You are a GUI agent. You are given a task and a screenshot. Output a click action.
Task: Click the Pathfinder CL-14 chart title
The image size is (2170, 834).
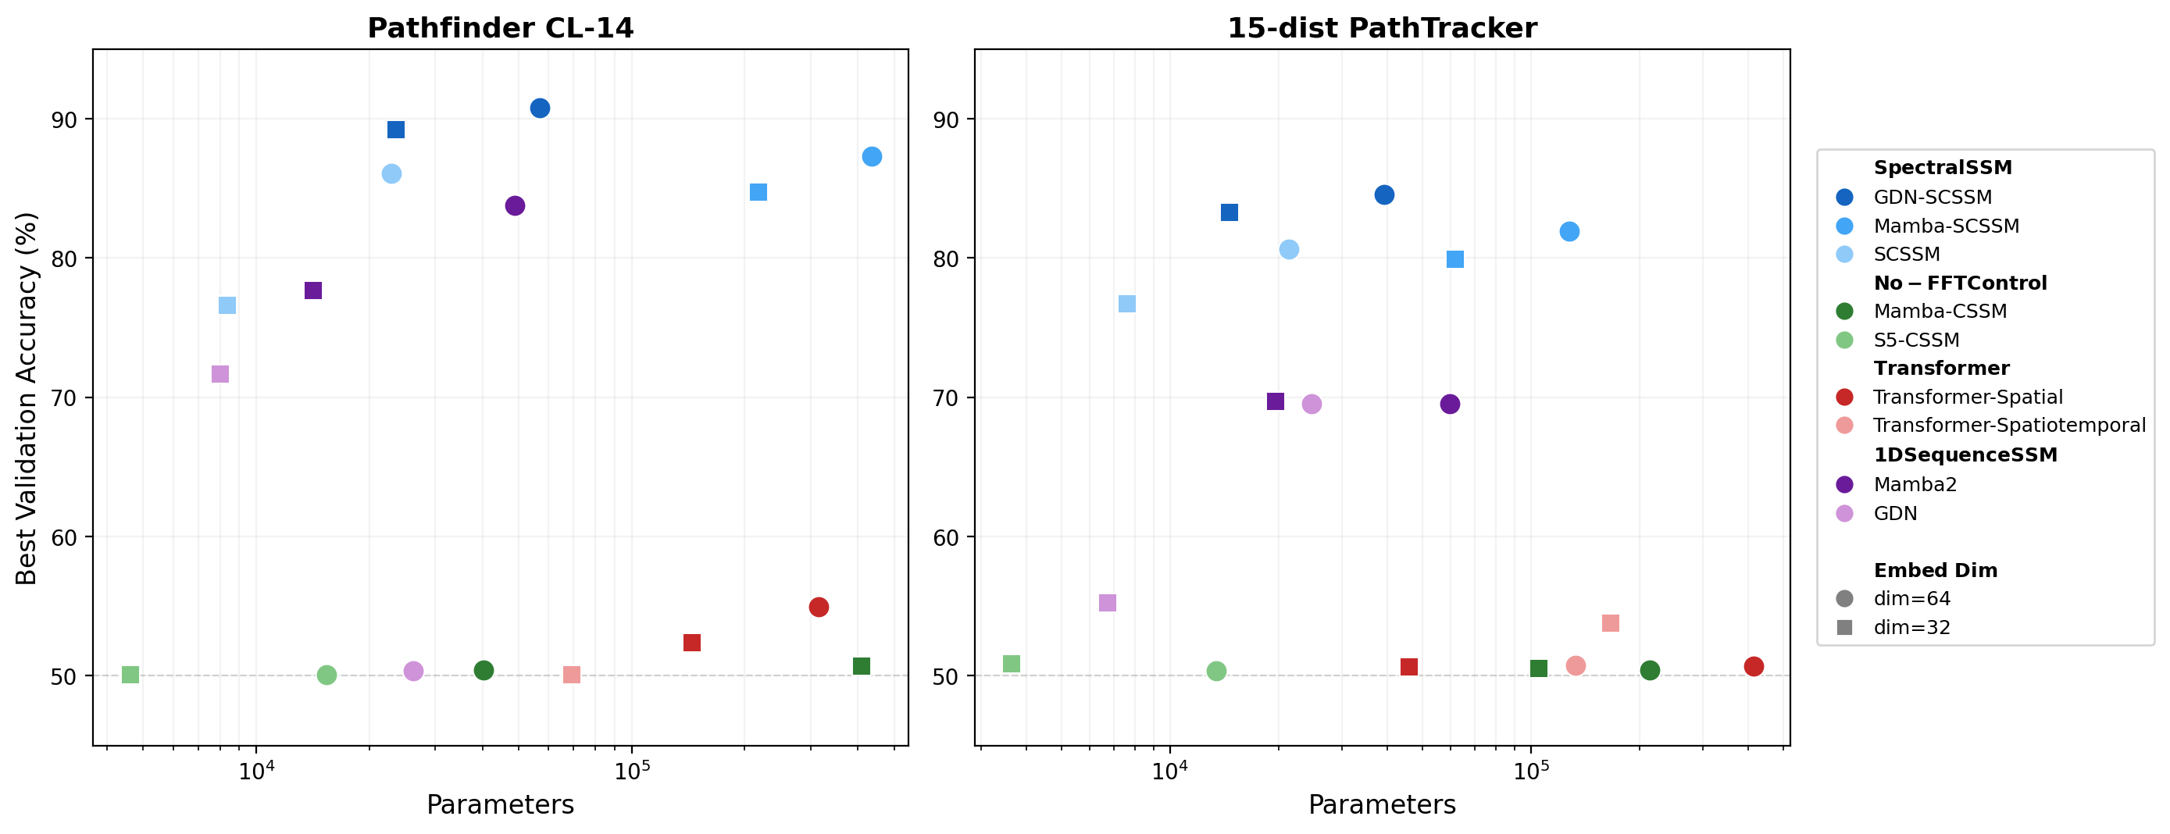[501, 29]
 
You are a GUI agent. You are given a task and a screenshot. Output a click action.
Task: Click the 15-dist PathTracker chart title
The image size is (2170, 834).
[1382, 29]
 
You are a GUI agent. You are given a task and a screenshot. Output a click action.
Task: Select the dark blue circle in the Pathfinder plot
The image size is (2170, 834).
[540, 108]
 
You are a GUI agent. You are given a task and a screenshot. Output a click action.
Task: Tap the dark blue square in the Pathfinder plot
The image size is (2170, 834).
[396, 130]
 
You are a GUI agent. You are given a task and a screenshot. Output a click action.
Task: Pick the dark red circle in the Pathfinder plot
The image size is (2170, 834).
[819, 608]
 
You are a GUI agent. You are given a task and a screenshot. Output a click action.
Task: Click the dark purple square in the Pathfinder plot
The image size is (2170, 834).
[313, 290]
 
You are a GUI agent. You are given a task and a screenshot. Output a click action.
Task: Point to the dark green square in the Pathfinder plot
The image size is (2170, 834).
[861, 666]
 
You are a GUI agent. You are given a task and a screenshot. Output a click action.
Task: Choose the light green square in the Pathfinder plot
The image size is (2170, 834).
[130, 675]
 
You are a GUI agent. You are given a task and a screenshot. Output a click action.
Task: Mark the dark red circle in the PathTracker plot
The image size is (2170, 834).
[1754, 666]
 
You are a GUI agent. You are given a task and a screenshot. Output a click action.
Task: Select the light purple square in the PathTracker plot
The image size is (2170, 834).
[1108, 603]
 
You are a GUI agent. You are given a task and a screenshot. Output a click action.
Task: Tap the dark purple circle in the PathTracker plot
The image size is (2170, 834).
[1450, 405]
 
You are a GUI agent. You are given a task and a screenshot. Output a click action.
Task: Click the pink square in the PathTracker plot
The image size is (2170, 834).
[1611, 623]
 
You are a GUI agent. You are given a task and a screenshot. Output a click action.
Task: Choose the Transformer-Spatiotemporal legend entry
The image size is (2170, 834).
[2009, 426]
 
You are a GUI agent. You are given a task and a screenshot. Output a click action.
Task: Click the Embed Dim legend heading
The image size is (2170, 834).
[1935, 570]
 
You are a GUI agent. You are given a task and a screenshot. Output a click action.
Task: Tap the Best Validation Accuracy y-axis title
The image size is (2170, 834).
[27, 398]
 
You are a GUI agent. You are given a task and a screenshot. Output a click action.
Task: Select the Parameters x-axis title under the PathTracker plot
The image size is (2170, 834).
[1382, 805]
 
